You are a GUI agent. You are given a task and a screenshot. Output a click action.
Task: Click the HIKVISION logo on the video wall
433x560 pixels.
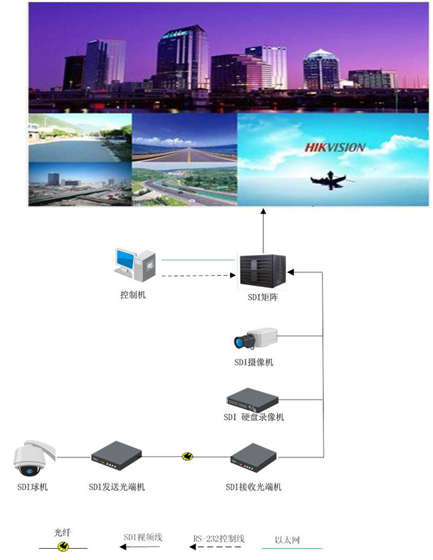(335, 147)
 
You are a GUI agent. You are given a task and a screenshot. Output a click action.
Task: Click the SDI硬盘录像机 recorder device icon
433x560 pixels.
(252, 400)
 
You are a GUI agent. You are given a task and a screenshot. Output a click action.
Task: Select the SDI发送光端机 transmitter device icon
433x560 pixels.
(116, 456)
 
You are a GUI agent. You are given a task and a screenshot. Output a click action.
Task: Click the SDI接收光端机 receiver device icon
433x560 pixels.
(253, 457)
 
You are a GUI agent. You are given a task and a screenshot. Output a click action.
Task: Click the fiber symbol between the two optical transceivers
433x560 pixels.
(188, 457)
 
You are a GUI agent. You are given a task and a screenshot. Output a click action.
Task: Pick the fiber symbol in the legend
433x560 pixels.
(63, 547)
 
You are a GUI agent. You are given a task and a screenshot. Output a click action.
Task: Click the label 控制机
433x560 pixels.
(133, 294)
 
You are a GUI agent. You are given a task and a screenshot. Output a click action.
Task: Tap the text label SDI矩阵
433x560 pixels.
(262, 298)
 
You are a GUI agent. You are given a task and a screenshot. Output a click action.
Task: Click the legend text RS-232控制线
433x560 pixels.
(219, 538)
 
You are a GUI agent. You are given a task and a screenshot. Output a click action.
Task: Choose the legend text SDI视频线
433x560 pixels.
(143, 537)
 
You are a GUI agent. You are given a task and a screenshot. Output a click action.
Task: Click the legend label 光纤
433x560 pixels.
(63, 533)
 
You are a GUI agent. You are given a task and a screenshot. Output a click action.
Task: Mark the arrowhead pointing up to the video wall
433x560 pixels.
(263, 212)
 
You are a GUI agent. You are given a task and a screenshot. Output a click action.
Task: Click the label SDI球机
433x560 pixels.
(33, 487)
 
